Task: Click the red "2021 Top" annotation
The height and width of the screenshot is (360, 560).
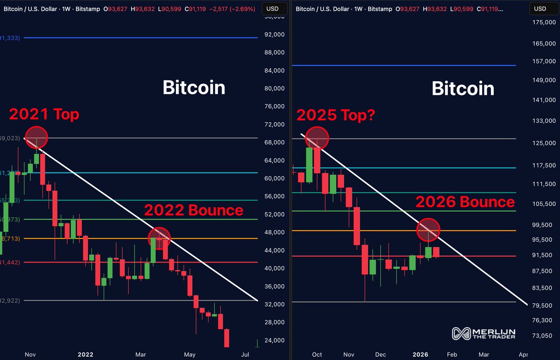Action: click(x=44, y=114)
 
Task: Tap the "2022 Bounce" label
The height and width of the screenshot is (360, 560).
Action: click(x=194, y=210)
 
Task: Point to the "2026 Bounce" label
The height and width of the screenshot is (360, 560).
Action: click(x=465, y=202)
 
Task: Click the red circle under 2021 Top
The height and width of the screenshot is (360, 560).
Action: click(x=36, y=138)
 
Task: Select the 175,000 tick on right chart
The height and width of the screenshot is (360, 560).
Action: click(x=543, y=22)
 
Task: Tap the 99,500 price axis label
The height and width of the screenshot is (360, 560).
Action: click(x=543, y=225)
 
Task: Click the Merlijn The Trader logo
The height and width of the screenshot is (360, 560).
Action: click(x=483, y=333)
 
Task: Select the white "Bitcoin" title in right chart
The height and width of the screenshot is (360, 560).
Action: click(x=462, y=89)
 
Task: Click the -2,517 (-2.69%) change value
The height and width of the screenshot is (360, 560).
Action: click(x=234, y=8)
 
